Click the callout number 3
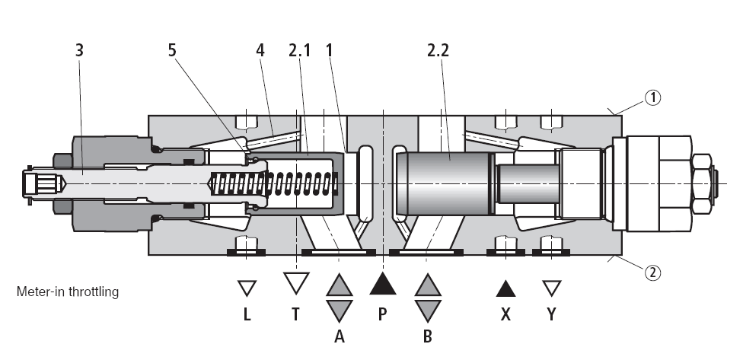point(79,50)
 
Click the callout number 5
point(172,50)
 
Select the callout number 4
point(260,50)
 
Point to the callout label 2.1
point(301,50)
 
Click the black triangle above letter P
point(383,285)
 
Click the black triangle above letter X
point(505,288)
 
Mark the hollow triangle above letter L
point(246,288)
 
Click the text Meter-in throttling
point(67,291)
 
